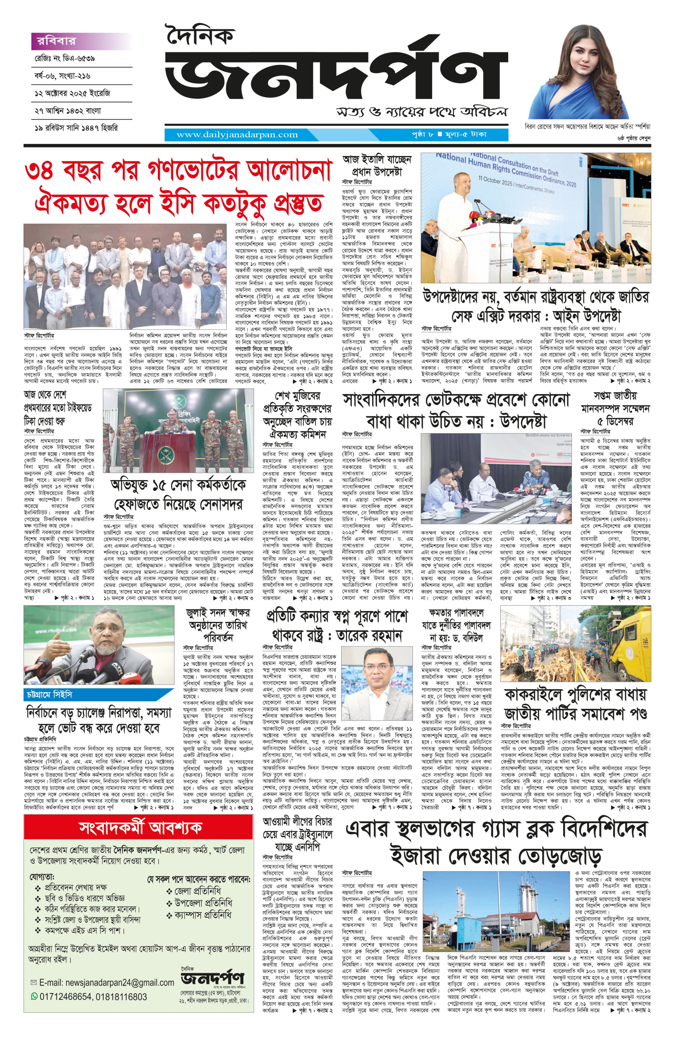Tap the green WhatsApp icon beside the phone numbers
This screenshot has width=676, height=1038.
(x=34, y=997)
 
